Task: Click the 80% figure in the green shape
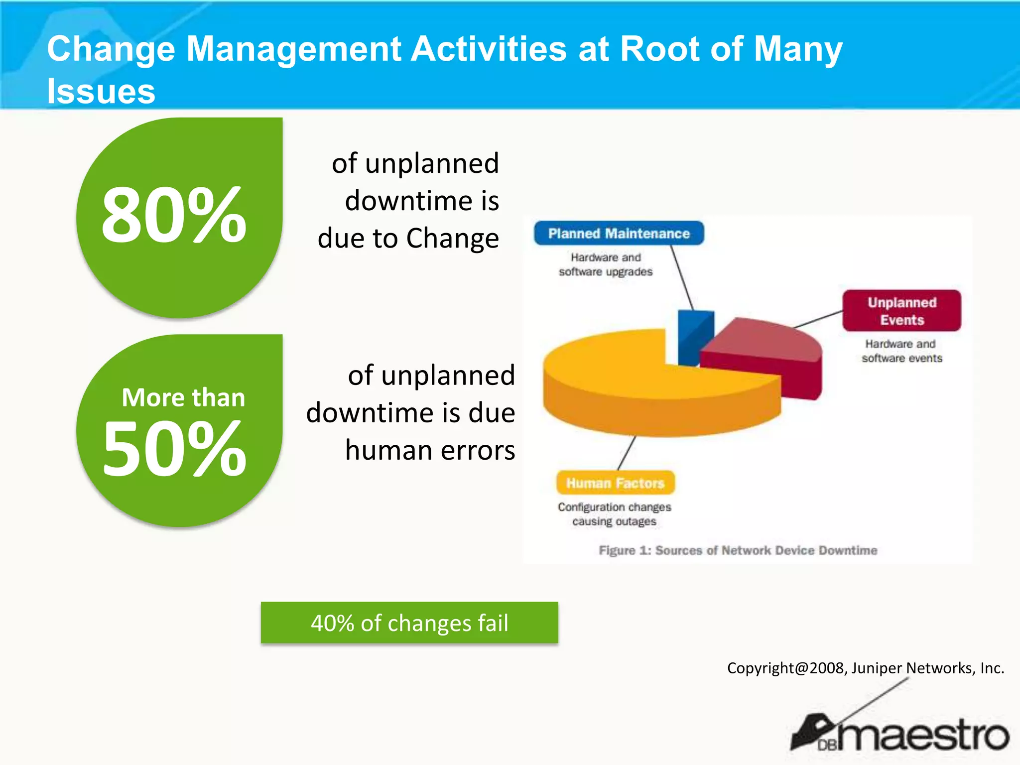[x=174, y=215]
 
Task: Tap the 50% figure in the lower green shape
[x=174, y=448]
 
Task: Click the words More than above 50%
[x=183, y=397]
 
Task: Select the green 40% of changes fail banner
[x=409, y=623]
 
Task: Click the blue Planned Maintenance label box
[x=619, y=233]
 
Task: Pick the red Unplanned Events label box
[x=901, y=311]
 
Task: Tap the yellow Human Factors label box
[x=616, y=483]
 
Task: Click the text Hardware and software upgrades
[x=606, y=264]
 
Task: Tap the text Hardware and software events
[x=901, y=351]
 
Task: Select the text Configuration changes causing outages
[x=614, y=514]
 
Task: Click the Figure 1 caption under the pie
[x=738, y=550]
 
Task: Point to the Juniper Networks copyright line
[x=865, y=668]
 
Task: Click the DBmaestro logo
[x=901, y=735]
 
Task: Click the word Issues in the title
[x=101, y=91]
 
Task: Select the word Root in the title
[x=658, y=49]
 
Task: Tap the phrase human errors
[x=430, y=450]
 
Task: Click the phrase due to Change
[x=408, y=238]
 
